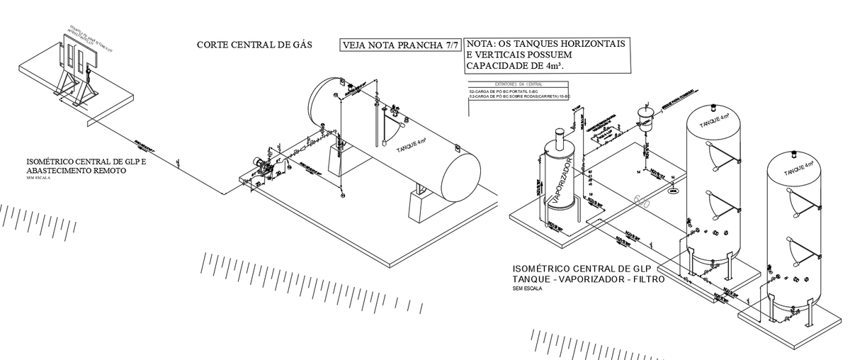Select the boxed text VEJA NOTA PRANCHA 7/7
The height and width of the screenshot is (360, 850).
[400, 45]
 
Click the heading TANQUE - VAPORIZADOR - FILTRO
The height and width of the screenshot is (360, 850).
[588, 279]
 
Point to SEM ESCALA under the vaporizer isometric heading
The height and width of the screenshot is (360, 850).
[526, 289]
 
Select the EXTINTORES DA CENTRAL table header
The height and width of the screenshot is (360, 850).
[518, 84]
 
